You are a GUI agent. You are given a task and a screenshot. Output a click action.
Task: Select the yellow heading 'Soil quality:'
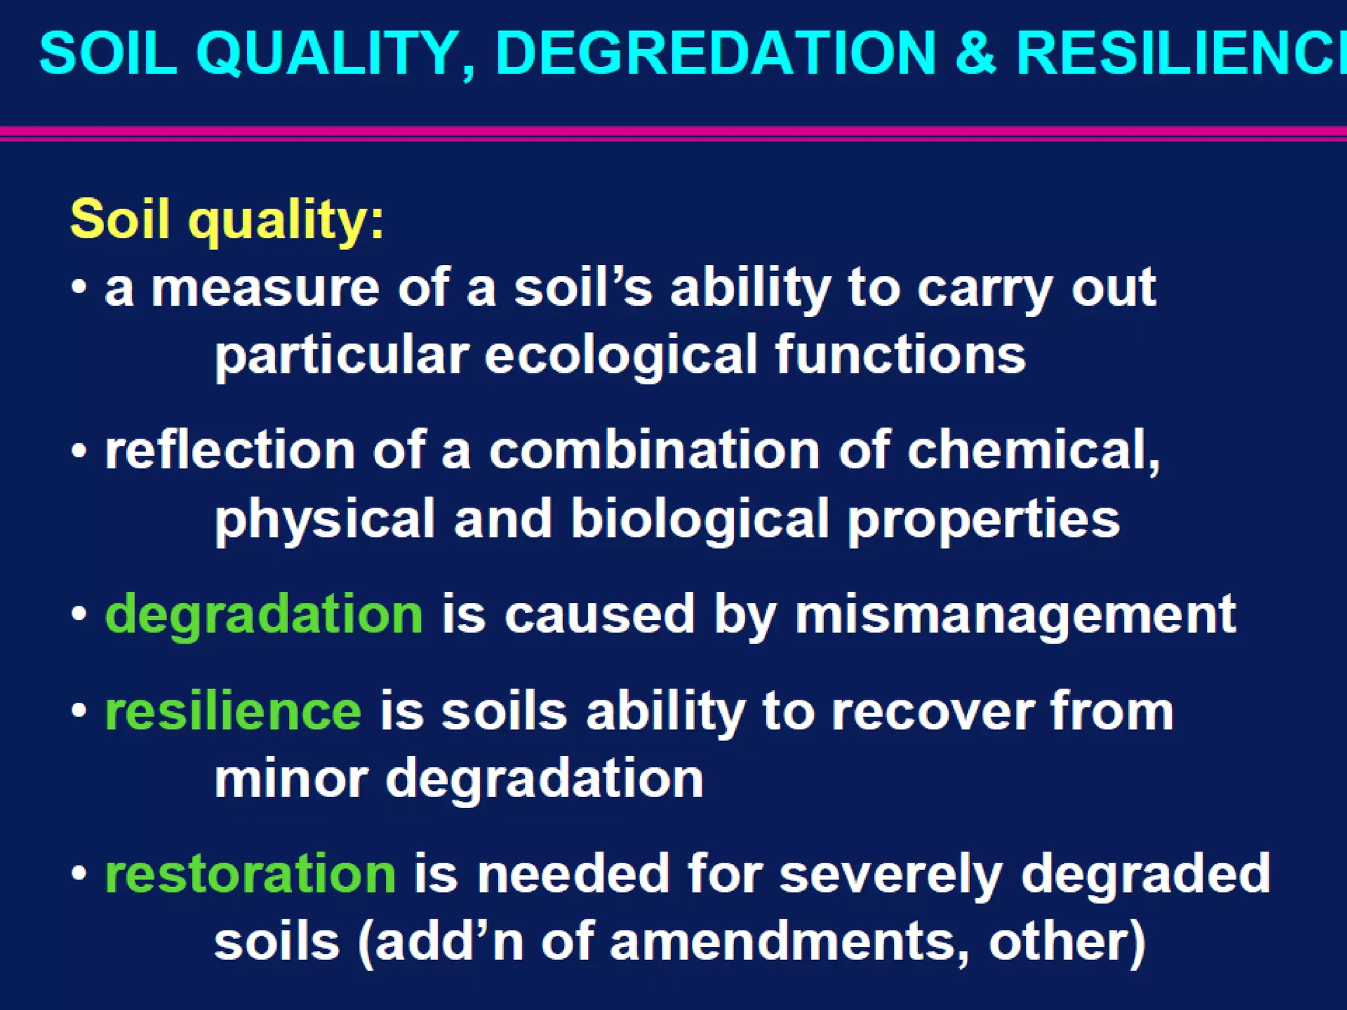pos(227,219)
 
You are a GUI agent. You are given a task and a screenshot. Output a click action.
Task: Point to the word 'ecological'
pos(621,355)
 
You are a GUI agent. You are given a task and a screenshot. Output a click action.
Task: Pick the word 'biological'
pos(700,519)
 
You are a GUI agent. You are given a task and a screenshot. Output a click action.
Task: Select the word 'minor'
pos(291,779)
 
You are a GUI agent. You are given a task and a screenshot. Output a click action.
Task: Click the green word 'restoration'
pos(251,874)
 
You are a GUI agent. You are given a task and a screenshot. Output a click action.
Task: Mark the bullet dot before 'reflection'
pos(80,451)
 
